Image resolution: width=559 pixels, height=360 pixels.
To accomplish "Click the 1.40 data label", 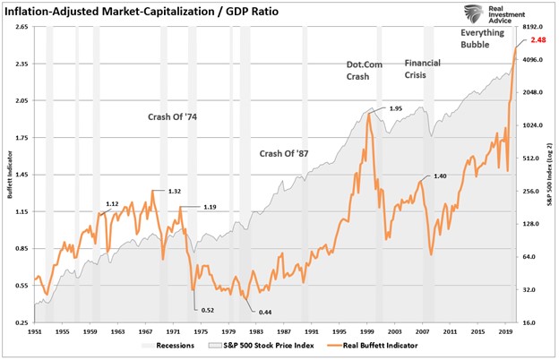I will coord(440,176).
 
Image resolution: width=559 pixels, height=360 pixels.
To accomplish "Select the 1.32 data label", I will coord(174,191).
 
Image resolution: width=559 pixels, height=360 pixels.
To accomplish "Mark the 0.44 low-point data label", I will coord(265,311).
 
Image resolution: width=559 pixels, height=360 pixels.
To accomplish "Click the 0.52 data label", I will coord(208,310).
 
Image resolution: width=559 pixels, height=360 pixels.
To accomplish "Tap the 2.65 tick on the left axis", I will coord(21,28).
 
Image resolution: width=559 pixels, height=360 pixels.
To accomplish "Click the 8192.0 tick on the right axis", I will coord(535,28).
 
